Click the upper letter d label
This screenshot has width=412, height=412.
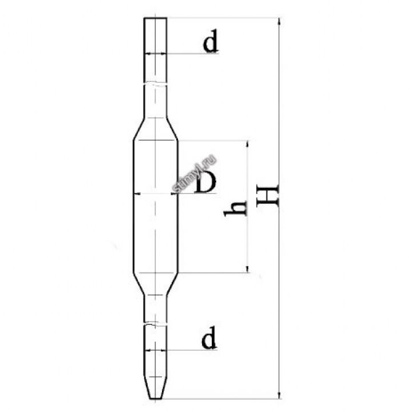(211, 43)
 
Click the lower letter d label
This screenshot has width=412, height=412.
(209, 339)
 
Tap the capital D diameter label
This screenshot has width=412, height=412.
(204, 183)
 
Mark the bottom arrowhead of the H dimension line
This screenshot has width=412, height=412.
(279, 394)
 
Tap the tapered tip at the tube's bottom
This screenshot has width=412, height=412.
(155, 389)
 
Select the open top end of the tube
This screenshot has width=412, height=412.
(155, 19)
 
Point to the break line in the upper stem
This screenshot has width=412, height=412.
(155, 84)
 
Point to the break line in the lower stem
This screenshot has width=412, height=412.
(155, 324)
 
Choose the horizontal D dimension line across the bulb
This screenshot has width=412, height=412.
(155, 193)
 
